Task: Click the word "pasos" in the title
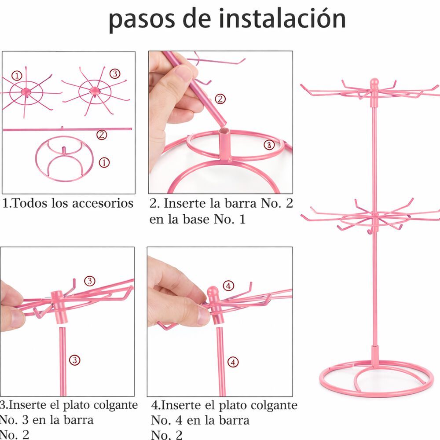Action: pyautogui.click(x=142, y=20)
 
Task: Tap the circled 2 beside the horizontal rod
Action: pyautogui.click(x=102, y=135)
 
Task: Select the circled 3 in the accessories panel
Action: pyautogui.click(x=115, y=74)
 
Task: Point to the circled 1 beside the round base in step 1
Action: pyautogui.click(x=104, y=162)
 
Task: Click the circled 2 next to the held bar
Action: pyautogui.click(x=220, y=99)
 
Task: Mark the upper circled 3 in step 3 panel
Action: pyautogui.click(x=90, y=281)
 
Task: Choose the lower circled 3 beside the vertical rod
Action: pyautogui.click(x=75, y=360)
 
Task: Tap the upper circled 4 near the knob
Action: pyautogui.click(x=228, y=286)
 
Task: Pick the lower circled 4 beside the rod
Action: pyautogui.click(x=233, y=362)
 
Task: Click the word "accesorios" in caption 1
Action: pyautogui.click(x=103, y=203)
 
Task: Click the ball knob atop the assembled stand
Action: pyautogui.click(x=374, y=83)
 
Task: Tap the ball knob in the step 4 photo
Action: pyautogui.click(x=213, y=292)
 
